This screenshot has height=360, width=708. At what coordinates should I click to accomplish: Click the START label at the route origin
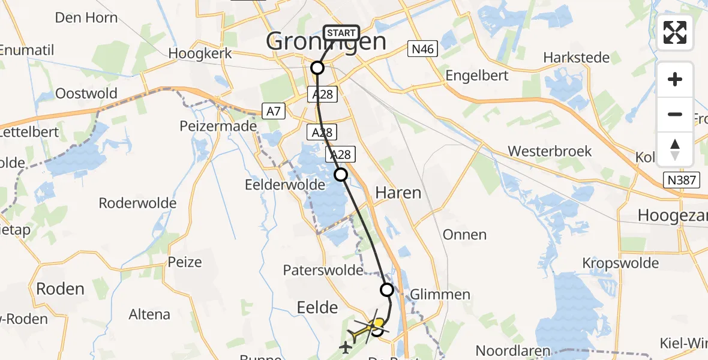[341, 33]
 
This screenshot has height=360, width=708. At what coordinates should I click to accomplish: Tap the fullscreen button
[675, 33]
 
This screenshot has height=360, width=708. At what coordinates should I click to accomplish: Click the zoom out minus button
[675, 114]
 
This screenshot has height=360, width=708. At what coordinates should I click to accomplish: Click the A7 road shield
[272, 110]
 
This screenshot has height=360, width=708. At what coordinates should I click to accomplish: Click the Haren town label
[398, 193]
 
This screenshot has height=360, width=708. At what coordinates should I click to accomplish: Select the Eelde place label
[317, 307]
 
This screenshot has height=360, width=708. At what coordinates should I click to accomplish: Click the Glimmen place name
[440, 294]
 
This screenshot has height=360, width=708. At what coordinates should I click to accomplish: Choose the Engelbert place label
[477, 76]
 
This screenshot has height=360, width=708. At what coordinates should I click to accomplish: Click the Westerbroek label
[550, 151]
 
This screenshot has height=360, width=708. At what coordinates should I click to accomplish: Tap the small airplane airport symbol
[346, 347]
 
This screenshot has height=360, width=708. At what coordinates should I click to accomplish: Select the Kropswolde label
[620, 263]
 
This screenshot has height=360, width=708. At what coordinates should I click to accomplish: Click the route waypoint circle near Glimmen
[387, 290]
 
